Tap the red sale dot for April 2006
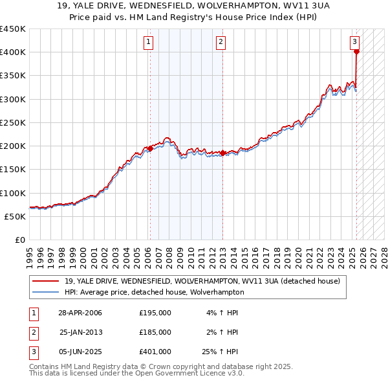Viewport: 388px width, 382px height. (150, 148)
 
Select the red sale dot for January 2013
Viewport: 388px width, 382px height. (222, 153)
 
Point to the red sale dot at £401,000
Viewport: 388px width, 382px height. (356, 52)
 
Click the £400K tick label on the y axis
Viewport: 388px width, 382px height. (13, 52)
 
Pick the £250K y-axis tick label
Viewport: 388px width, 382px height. (13, 122)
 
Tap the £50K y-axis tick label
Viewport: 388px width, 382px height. (16, 216)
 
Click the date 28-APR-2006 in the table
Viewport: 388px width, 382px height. (80, 313)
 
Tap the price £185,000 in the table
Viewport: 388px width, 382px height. (155, 332)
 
